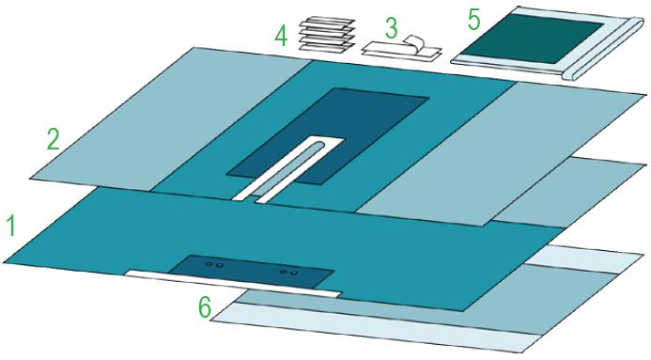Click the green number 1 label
coord(11,226)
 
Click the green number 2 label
coord(53,139)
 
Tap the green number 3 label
coord(391,28)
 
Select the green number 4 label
coord(281,36)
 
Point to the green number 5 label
coord(473,20)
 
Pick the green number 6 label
coord(204,307)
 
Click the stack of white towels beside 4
coord(327,35)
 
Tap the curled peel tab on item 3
coord(414,42)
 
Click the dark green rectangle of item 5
coord(533,39)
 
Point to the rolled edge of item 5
coord(603,49)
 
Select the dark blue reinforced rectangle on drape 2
coord(328,136)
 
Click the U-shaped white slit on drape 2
coord(287,169)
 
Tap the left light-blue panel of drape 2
coord(170,119)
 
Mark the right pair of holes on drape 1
coord(289,273)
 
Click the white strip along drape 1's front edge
coord(233,284)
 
